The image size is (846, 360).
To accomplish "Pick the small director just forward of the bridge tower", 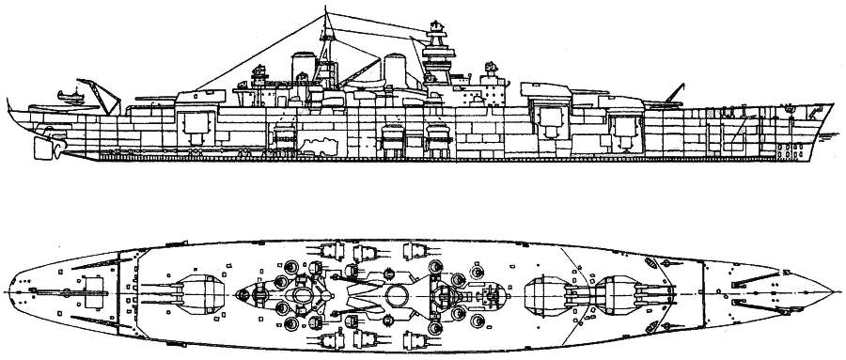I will pyautogui.click(x=489, y=70).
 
